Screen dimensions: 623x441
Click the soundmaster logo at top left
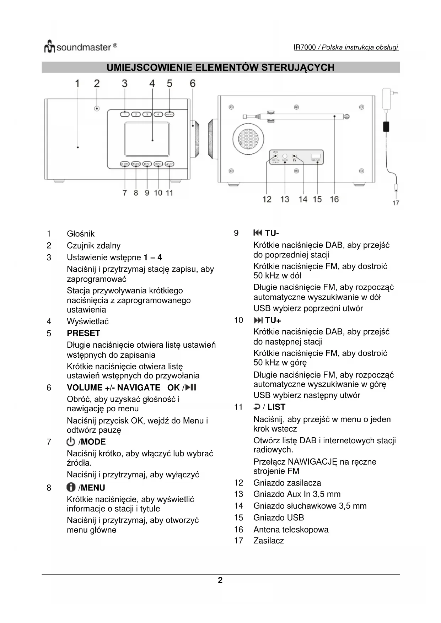pos(80,47)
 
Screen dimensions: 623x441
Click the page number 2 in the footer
pos(220,580)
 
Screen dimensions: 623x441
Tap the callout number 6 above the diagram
pos(193,83)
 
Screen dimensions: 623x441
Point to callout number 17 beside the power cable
pos(396,203)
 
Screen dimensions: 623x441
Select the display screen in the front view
pos(147,139)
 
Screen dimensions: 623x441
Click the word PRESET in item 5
pos(84,333)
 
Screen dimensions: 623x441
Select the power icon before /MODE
pos(71,441)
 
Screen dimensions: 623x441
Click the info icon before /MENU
pos(71,487)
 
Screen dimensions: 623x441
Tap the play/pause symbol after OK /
pos(191,387)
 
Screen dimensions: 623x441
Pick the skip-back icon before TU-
pos(258,233)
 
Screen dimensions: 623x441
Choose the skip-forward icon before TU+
pos(258,320)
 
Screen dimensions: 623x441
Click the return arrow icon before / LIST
pos(257,407)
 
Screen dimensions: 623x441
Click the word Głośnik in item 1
pos(81,234)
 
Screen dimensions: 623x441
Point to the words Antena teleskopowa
pos(291,530)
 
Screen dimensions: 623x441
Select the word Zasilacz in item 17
pos(268,541)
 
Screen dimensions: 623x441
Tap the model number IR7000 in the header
pos(305,48)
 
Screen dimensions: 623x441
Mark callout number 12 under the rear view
pos(267,199)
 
